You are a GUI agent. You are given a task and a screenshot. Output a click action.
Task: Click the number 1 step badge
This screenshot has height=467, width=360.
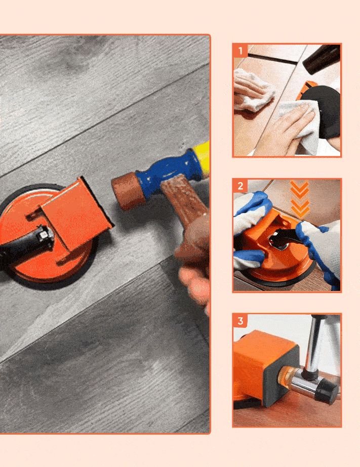tap(240, 51)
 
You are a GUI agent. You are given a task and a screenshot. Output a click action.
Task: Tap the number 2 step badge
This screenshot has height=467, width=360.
tap(240, 186)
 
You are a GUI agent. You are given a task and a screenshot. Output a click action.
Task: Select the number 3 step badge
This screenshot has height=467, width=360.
tap(240, 321)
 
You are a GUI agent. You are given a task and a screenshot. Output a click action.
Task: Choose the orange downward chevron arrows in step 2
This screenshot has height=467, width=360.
tap(300, 200)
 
